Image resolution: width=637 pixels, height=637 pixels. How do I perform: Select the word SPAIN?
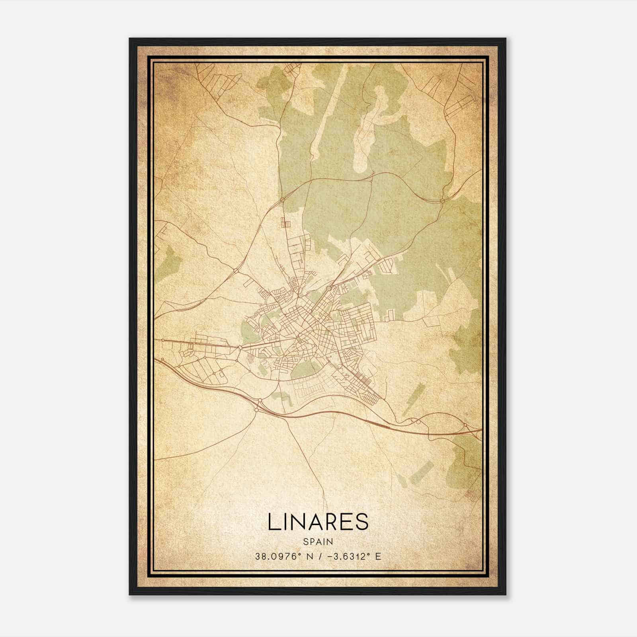point(318,541)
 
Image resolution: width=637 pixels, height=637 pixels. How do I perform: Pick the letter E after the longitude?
point(378,556)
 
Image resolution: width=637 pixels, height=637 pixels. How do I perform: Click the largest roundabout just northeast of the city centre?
point(329,287)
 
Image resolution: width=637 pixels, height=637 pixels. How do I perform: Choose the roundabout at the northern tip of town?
point(282,199)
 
